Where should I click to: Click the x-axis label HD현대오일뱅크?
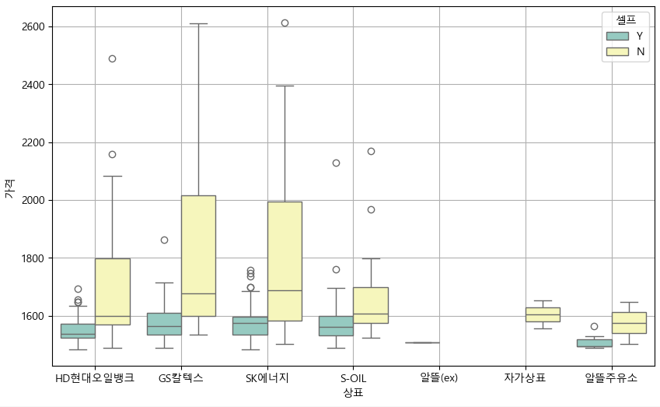[x=95, y=378]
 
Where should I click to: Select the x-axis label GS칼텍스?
[x=181, y=378]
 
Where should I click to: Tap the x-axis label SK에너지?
[x=267, y=378]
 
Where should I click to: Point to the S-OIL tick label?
[x=353, y=378]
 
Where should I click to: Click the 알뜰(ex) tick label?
[x=439, y=378]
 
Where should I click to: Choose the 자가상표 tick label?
[x=526, y=378]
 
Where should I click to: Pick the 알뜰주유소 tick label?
[x=611, y=378]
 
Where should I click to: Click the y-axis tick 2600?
[x=33, y=26]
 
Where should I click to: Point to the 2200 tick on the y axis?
[x=33, y=142]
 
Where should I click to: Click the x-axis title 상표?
[x=353, y=393]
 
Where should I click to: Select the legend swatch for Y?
[x=618, y=36]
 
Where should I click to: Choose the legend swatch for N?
[x=618, y=51]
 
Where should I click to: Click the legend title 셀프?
[x=626, y=20]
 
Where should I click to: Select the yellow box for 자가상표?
[x=543, y=314]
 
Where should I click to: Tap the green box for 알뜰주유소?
[x=594, y=342]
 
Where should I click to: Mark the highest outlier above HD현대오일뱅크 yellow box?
[x=112, y=58]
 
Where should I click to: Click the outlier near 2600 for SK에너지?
[x=285, y=23]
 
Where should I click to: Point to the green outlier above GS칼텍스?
[x=164, y=240]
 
